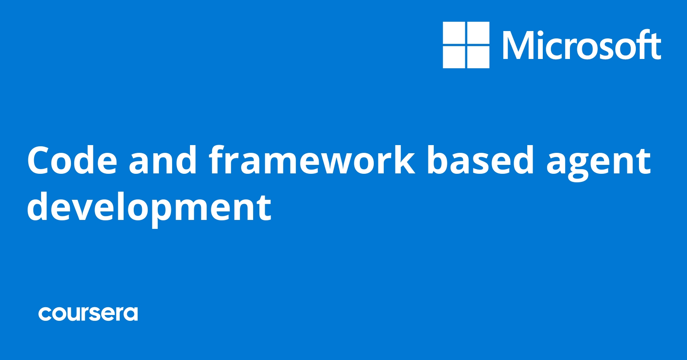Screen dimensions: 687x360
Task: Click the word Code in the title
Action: point(72,159)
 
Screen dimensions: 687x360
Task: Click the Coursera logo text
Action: point(88,314)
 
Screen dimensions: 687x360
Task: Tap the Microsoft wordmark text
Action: point(582,45)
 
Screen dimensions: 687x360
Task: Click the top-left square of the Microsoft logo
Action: point(454,33)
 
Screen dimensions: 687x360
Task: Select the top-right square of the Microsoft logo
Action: point(478,33)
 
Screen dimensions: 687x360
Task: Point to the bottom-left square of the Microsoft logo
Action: point(454,57)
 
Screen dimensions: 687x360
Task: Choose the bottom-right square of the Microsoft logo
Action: point(478,57)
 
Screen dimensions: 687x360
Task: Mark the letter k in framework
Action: point(404,159)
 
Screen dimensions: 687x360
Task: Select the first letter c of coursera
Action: point(45,314)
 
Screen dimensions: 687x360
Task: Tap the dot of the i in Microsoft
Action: point(542,33)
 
